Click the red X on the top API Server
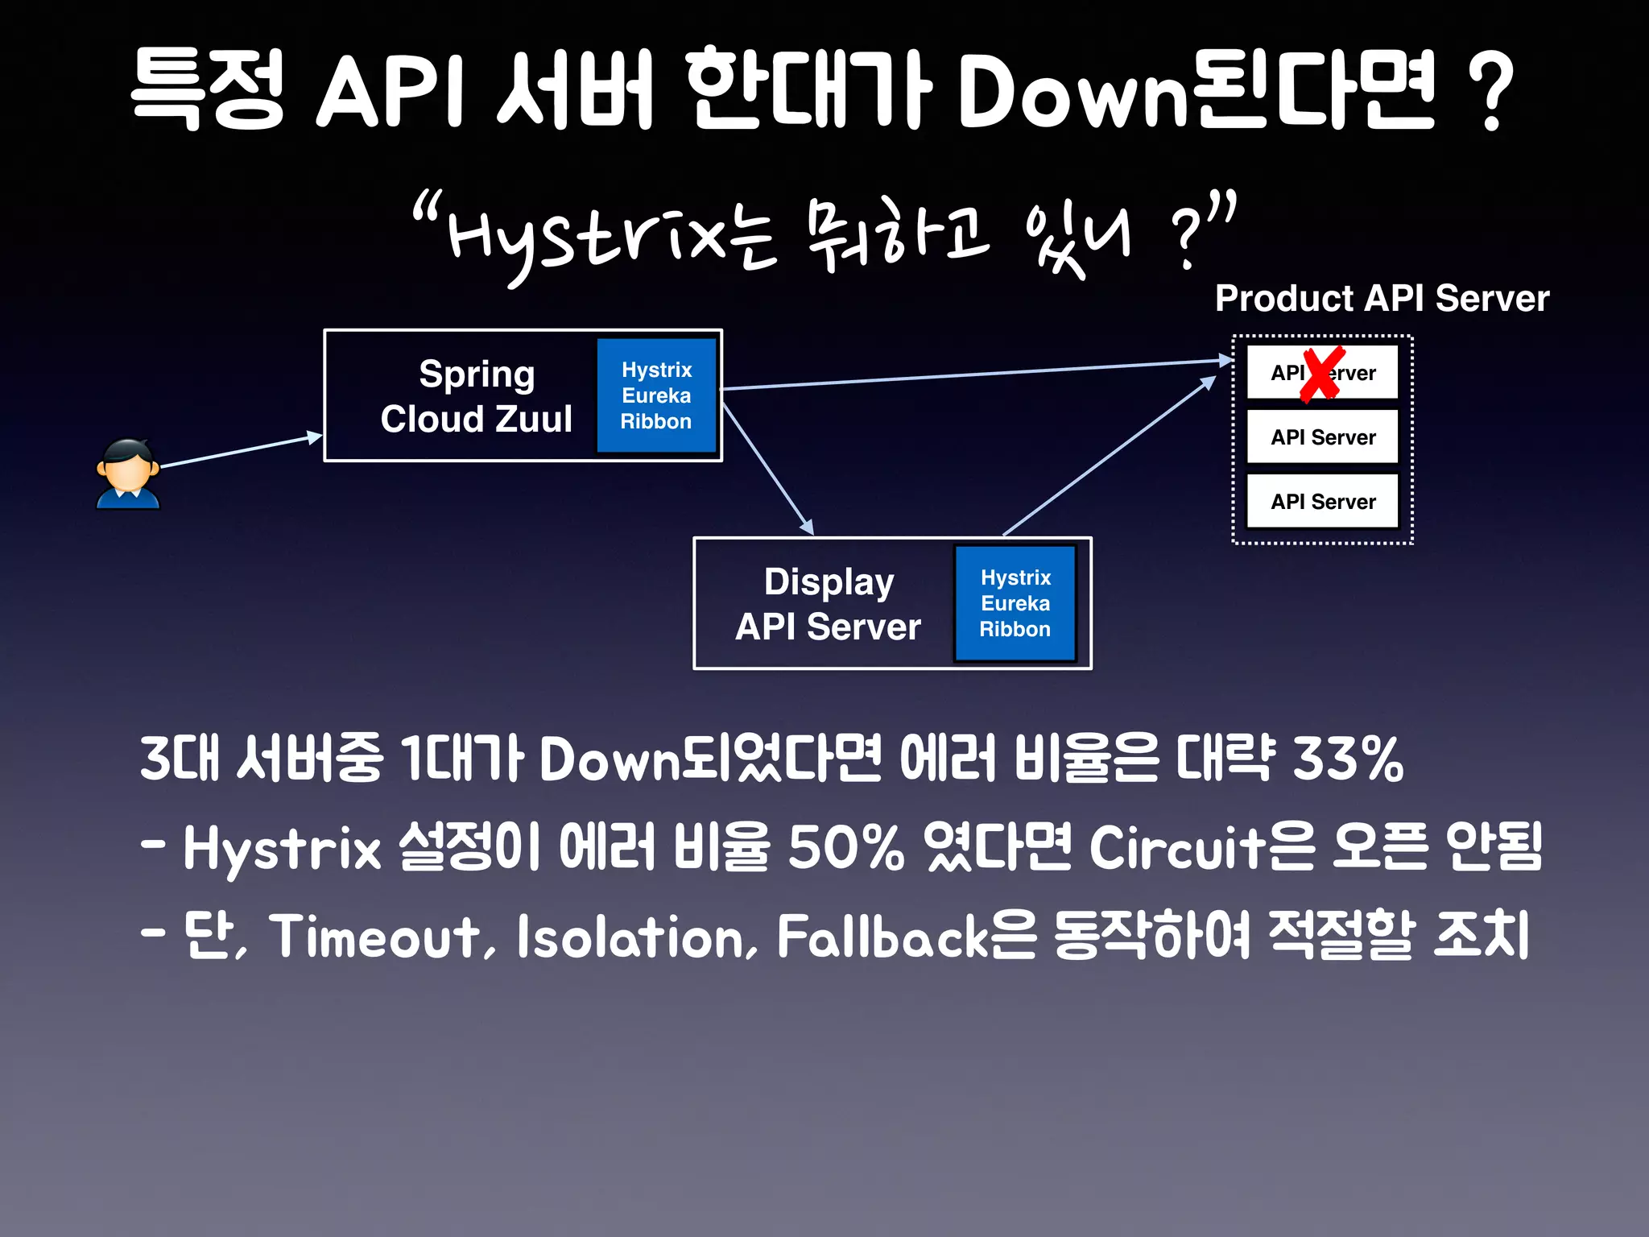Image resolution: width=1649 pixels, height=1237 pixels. pyautogui.click(x=1321, y=374)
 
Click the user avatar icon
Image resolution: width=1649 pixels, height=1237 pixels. pyautogui.click(x=127, y=474)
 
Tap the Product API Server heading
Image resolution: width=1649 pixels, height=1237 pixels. pyautogui.click(x=1381, y=299)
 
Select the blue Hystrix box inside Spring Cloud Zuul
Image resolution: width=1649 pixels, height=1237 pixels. pyautogui.click(x=656, y=395)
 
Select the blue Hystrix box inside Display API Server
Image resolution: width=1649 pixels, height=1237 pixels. pyautogui.click(x=1015, y=603)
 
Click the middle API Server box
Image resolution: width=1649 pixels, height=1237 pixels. pyautogui.click(x=1322, y=437)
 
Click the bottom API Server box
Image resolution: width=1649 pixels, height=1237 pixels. pyautogui.click(x=1322, y=502)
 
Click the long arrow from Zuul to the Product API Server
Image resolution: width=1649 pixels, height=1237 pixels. pyautogui.click(x=974, y=374)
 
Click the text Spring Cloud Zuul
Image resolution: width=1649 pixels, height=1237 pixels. pyautogui.click(x=477, y=396)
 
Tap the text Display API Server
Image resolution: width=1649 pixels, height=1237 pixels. pyautogui.click(x=828, y=604)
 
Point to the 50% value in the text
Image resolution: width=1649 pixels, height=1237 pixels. pyautogui.click(x=845, y=847)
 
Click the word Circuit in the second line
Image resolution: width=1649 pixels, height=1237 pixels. pyautogui.click(x=1177, y=847)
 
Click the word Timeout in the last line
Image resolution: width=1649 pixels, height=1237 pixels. pyautogui.click(x=374, y=936)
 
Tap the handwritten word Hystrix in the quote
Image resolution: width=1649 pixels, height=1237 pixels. pyautogui.click(x=588, y=238)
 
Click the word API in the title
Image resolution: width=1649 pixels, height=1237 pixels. pyautogui.click(x=391, y=90)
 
